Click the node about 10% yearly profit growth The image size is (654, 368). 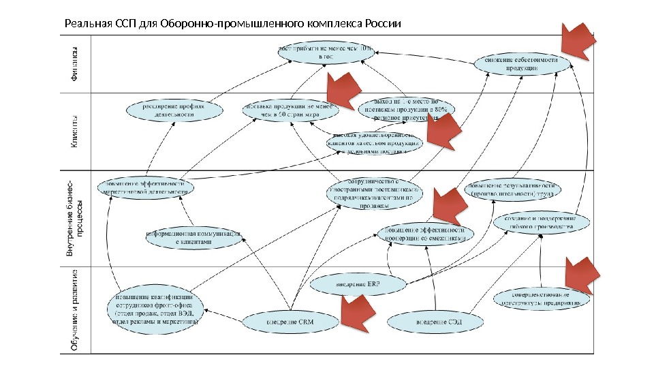(x=328, y=53)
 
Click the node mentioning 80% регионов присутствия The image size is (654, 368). (x=405, y=110)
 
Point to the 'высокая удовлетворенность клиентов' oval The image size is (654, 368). (x=375, y=143)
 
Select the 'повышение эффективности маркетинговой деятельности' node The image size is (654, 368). (x=146, y=187)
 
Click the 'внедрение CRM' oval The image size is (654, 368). (x=289, y=319)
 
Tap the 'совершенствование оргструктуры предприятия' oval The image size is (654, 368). (x=542, y=297)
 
